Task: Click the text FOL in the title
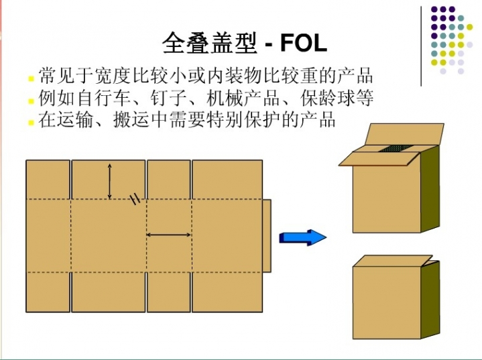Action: tap(304, 43)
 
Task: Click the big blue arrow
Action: tap(303, 237)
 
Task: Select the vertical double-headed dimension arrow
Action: tap(110, 182)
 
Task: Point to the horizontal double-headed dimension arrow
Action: tap(168, 235)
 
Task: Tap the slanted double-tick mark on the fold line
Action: tap(135, 200)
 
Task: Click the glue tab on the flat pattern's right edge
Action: tap(267, 236)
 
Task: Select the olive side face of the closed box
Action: tap(430, 300)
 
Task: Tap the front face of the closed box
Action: tap(387, 302)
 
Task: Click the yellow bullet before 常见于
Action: tap(31, 78)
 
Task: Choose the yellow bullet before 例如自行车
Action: tap(31, 101)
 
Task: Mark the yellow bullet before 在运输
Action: tap(31, 123)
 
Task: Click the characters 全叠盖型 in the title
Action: tap(210, 43)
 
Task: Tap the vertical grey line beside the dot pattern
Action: tap(421, 46)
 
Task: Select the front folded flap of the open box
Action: tap(379, 158)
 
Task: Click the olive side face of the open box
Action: tap(430, 189)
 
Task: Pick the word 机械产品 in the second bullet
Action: tap(243, 98)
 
